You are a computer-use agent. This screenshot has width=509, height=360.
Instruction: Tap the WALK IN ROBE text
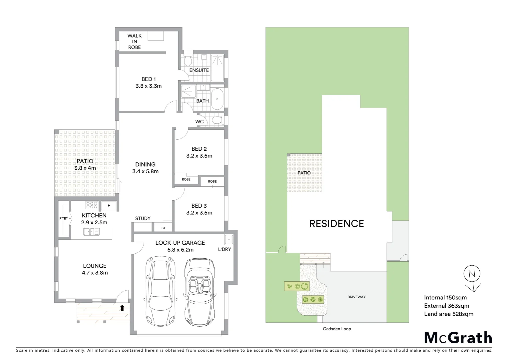click(x=135, y=41)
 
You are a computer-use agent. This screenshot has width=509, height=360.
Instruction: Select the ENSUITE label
click(x=199, y=70)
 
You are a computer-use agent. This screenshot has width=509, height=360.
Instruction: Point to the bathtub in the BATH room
click(x=218, y=99)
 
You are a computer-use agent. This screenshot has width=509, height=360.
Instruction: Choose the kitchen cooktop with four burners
click(x=92, y=205)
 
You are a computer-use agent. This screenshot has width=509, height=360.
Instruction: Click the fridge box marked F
click(x=109, y=205)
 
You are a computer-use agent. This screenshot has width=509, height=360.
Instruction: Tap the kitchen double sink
click(x=91, y=231)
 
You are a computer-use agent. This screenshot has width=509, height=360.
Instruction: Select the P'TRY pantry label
click(x=64, y=219)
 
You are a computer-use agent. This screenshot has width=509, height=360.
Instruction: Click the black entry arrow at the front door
click(x=122, y=308)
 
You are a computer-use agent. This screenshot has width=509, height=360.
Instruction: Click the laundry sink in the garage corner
click(x=229, y=240)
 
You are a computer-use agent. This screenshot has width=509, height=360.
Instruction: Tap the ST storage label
click(x=163, y=228)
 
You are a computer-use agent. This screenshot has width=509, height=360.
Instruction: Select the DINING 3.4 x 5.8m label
click(x=145, y=168)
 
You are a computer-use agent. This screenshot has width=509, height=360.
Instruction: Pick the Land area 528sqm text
click(x=448, y=314)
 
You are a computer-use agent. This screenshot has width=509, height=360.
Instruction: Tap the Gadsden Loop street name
click(x=337, y=329)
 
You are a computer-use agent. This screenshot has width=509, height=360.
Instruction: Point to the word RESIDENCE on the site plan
click(x=336, y=224)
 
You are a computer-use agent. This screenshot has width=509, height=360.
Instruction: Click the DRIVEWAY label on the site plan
click(x=356, y=297)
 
